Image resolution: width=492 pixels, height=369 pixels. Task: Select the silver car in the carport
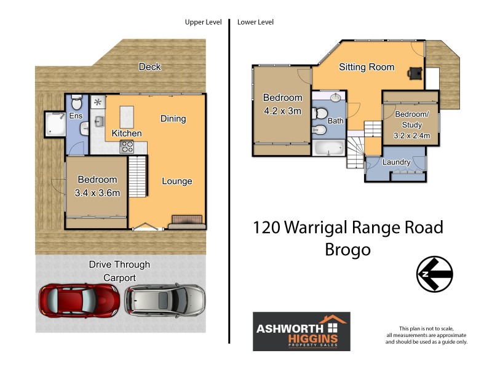164,300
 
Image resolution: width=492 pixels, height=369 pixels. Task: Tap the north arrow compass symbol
434,274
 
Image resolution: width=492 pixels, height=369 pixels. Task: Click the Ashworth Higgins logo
301,331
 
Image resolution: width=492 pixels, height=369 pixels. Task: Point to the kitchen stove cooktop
128,146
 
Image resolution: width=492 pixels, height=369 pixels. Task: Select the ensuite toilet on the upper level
76,102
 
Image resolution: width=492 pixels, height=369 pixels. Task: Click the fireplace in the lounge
188,221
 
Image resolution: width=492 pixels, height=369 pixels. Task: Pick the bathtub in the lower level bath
329,148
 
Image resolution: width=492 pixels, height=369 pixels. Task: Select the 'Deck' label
149,66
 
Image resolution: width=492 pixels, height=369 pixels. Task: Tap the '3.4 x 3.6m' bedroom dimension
97,193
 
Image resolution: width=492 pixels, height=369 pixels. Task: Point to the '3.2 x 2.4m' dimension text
411,136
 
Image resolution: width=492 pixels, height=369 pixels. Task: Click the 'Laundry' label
396,162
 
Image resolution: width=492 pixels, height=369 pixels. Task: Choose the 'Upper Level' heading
204,22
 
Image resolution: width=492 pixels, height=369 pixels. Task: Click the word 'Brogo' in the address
348,250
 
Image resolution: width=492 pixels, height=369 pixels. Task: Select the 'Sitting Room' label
368,67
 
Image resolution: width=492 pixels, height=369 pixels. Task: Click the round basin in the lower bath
336,98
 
